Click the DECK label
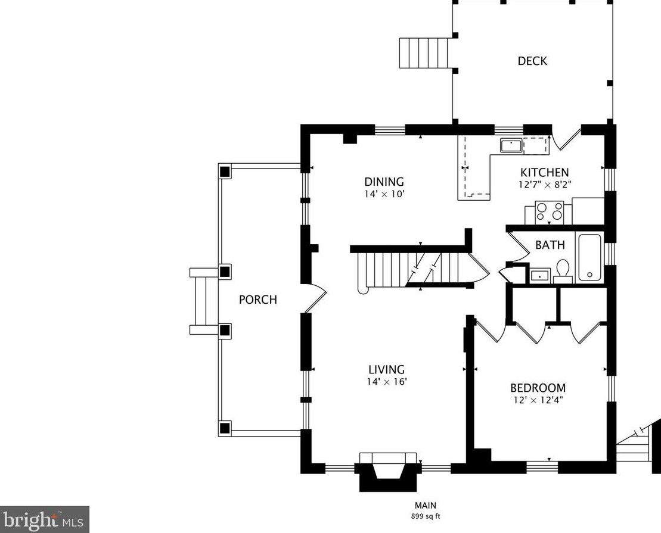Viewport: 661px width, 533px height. point(532,61)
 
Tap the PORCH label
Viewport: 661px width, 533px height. point(257,300)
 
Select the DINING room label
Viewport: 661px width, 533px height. point(384,182)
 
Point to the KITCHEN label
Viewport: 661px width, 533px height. point(544,173)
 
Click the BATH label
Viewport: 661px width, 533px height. point(550,245)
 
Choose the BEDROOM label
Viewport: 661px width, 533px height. point(538,388)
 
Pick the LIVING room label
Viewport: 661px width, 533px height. point(386,369)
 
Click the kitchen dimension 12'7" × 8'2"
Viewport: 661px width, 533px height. point(544,185)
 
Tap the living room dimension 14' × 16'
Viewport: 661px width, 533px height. point(386,382)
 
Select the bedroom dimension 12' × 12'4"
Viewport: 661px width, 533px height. point(538,400)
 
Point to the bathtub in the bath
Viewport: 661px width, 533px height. point(590,258)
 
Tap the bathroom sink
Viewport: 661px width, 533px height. point(540,276)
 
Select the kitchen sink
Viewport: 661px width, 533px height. point(511,145)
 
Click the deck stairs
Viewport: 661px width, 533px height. point(424,54)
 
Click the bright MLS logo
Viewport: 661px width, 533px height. point(45,519)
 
